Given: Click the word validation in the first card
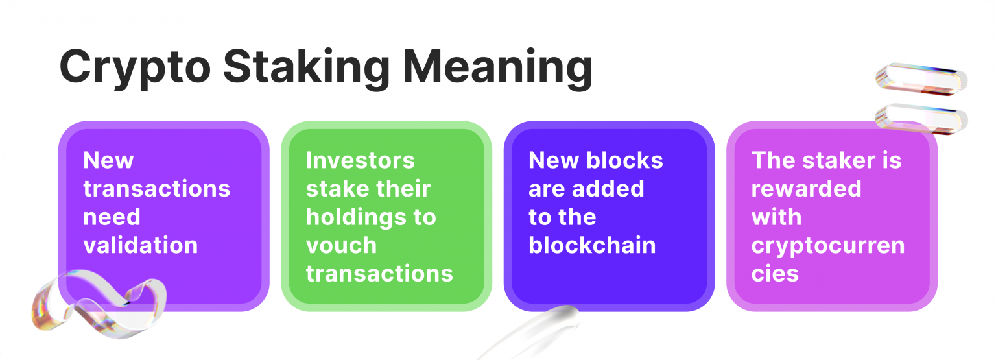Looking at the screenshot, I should pos(141,245).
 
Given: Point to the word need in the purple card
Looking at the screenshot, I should pos(112,217).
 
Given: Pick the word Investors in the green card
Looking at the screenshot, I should pos(360,160).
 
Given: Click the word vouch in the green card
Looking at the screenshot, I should pos(341,245).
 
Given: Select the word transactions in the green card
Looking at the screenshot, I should pos(379,273).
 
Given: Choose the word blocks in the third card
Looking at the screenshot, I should pos(626,160).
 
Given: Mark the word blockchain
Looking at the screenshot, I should pos(592,245).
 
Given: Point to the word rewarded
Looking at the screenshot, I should pos(806,188).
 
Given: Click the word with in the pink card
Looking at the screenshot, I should pos(776,217).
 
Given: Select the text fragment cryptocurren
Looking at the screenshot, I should pos(828,245).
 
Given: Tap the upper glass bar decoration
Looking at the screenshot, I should pos(921,77).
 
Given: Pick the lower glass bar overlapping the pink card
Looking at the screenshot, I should pos(921,118).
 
